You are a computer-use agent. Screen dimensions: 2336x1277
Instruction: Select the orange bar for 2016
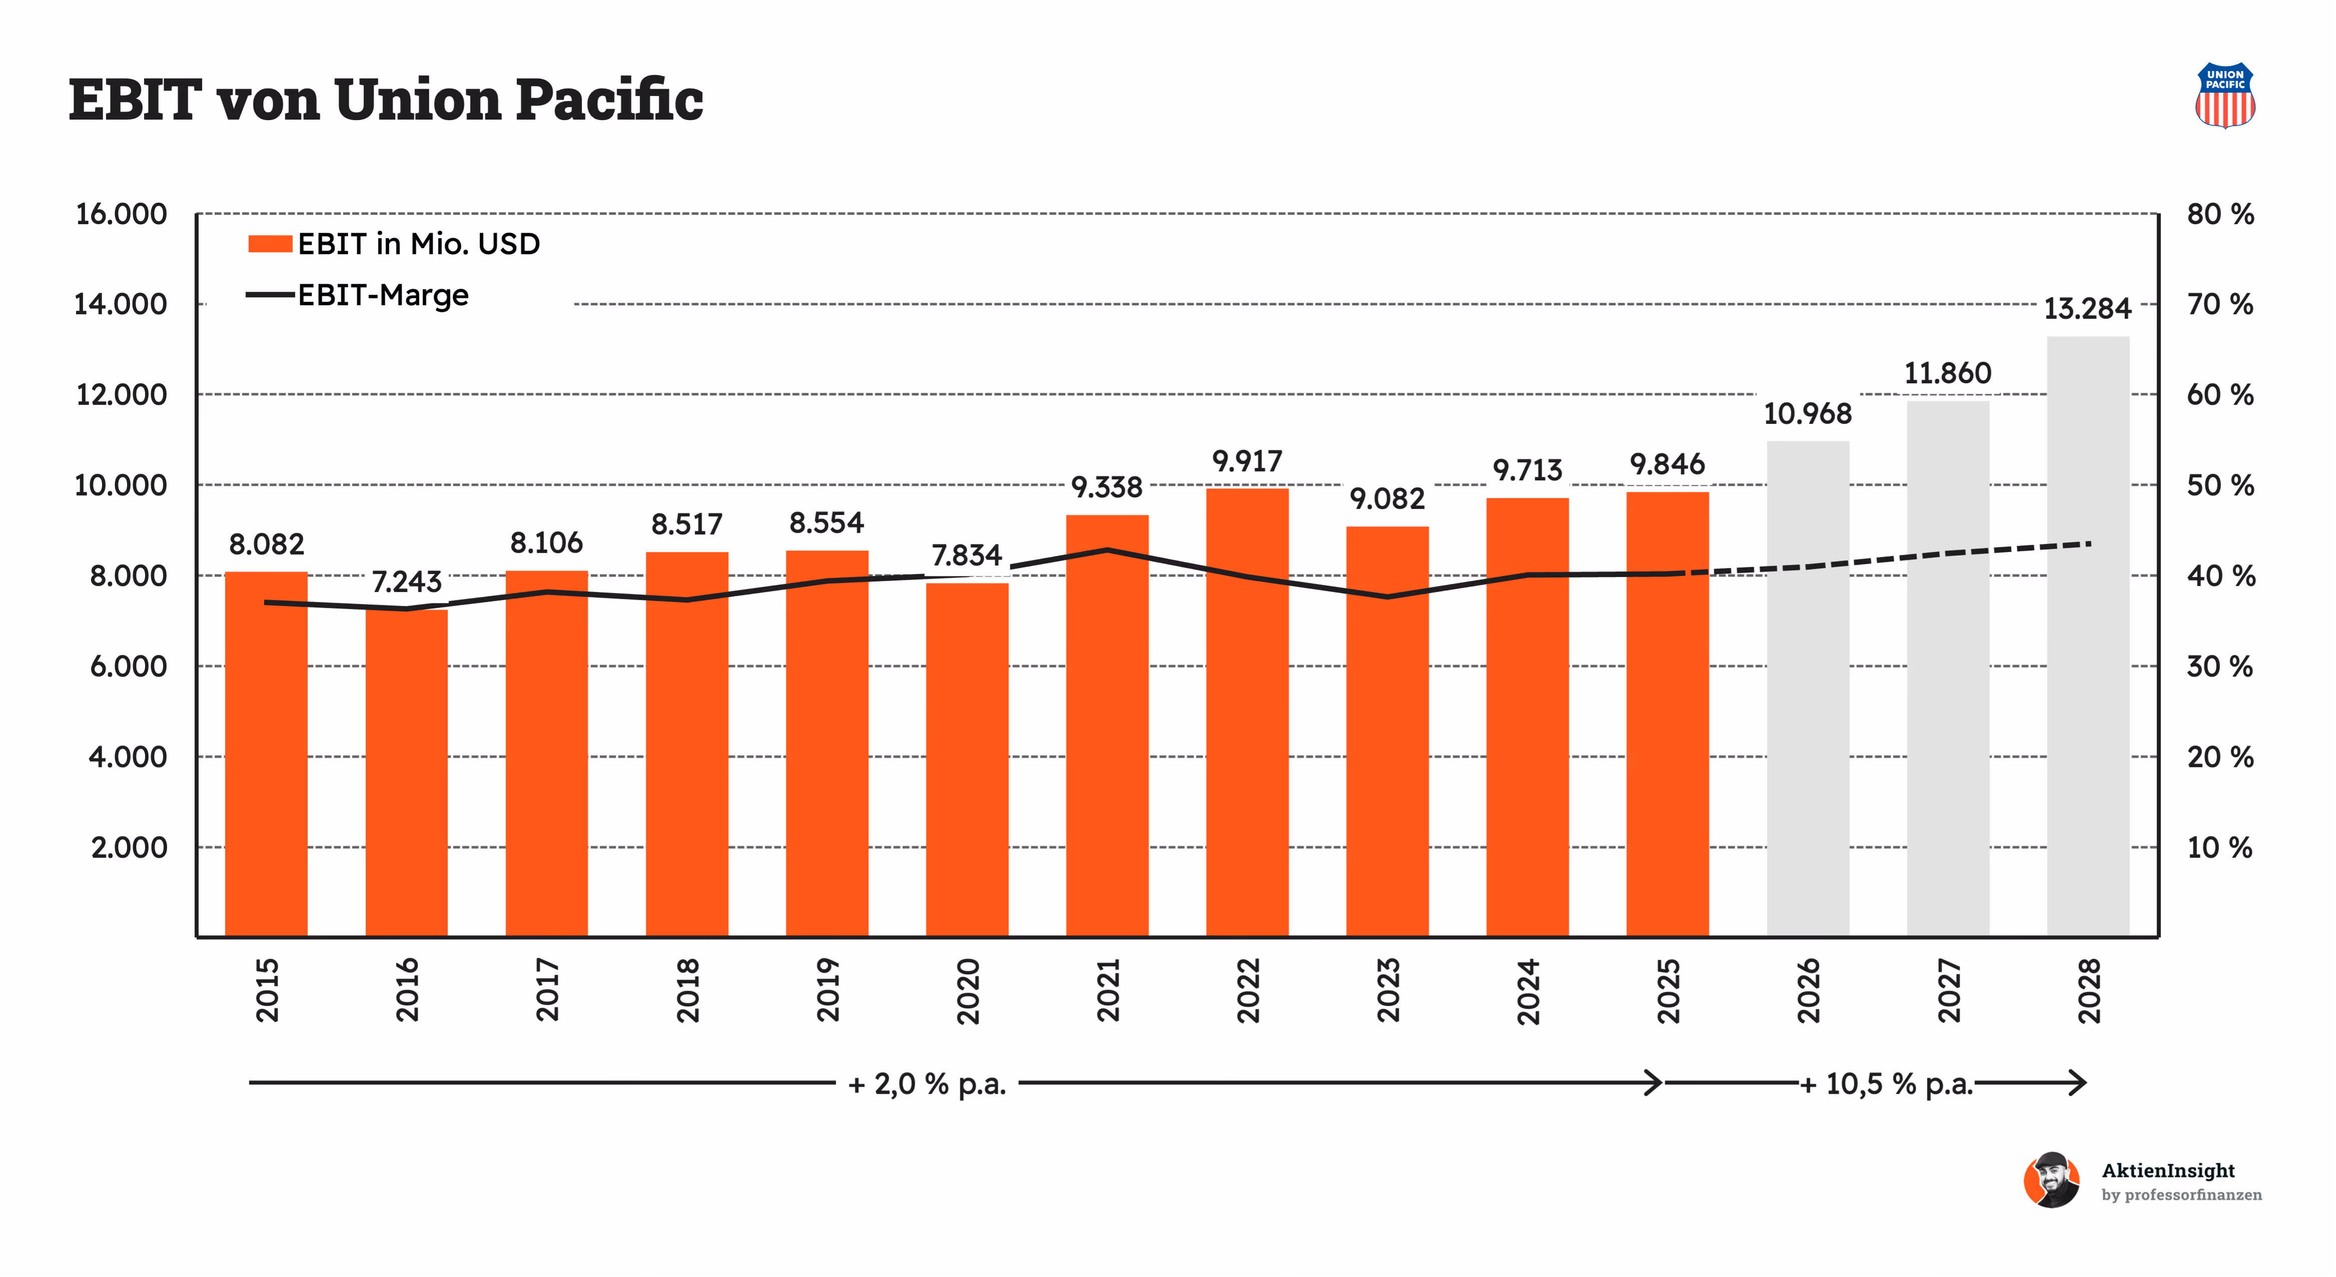pyautogui.click(x=406, y=773)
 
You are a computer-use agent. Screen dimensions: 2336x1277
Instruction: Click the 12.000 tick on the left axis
pyautogui.click(x=122, y=394)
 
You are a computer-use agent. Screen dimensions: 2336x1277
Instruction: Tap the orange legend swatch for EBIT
pyautogui.click(x=270, y=243)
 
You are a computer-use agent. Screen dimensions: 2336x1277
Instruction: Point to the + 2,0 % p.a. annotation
pyautogui.click(x=927, y=1084)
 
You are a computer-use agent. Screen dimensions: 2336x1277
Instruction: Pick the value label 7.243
pyautogui.click(x=406, y=581)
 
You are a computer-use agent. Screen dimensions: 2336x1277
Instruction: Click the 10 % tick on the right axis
pyautogui.click(x=2220, y=848)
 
